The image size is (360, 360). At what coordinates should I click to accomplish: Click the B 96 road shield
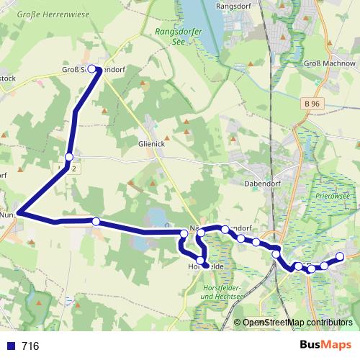coord(312,105)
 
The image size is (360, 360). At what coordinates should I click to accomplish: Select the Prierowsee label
coord(332,194)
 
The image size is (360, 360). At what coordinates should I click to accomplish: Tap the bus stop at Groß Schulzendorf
coord(91,69)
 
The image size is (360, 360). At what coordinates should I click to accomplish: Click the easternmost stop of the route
coord(340,257)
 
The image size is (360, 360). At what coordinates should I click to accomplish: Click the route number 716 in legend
coord(30,346)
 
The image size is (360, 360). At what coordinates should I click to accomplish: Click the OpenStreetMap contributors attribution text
coord(297,323)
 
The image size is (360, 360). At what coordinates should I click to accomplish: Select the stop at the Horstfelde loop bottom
coord(201,261)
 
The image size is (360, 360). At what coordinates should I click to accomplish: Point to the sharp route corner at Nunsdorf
coord(19,213)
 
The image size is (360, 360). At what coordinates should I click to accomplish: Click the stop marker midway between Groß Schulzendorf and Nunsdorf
coord(69,157)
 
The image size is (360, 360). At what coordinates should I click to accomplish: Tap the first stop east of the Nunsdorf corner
coord(96,221)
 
